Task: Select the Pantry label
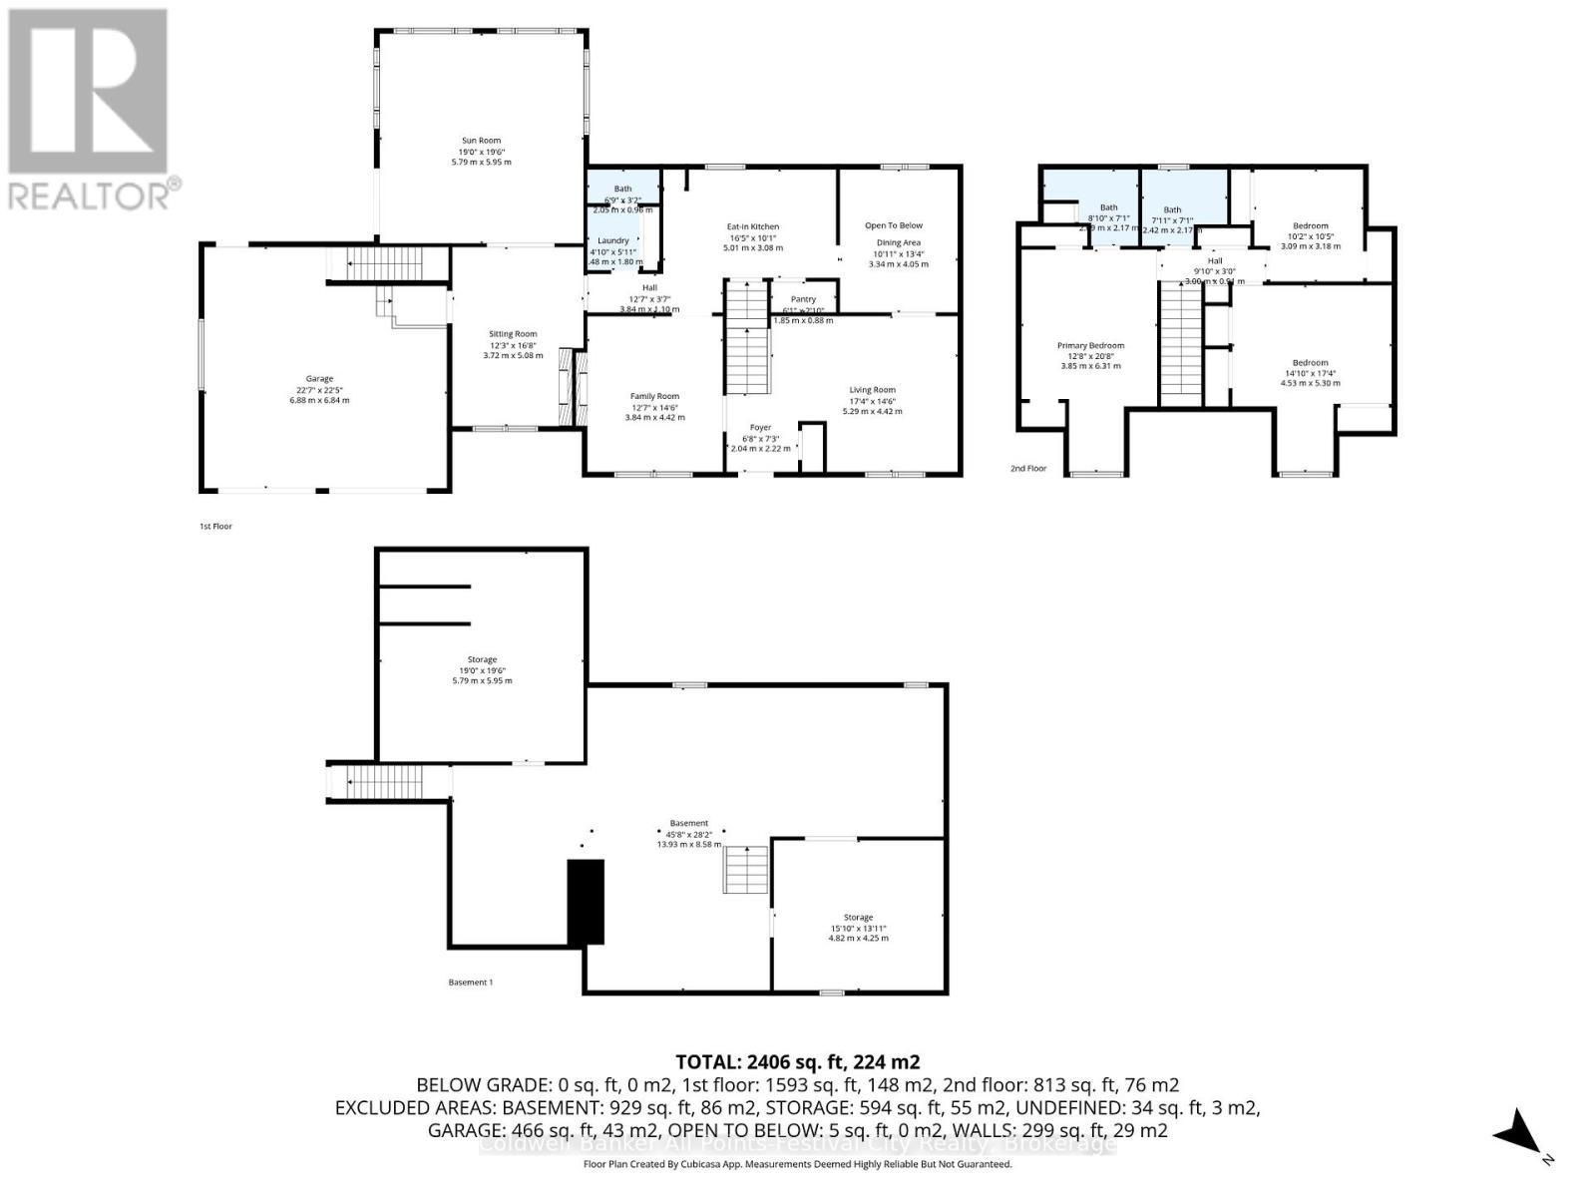pyautogui.click(x=803, y=299)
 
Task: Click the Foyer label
pyautogui.click(x=760, y=428)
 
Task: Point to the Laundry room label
pyautogui.click(x=613, y=240)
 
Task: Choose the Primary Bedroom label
pyautogui.click(x=1090, y=346)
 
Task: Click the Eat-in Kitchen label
pyautogui.click(x=753, y=227)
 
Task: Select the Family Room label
pyautogui.click(x=654, y=396)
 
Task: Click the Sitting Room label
pyautogui.click(x=513, y=334)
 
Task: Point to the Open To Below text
pyautogui.click(x=893, y=225)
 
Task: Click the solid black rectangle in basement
pyautogui.click(x=586, y=902)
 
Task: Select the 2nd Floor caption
pyautogui.click(x=1028, y=468)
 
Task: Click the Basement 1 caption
pyautogui.click(x=470, y=983)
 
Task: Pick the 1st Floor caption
pyautogui.click(x=215, y=526)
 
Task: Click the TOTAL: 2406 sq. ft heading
pyautogui.click(x=797, y=1062)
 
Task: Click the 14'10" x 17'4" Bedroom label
pyautogui.click(x=1310, y=363)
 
